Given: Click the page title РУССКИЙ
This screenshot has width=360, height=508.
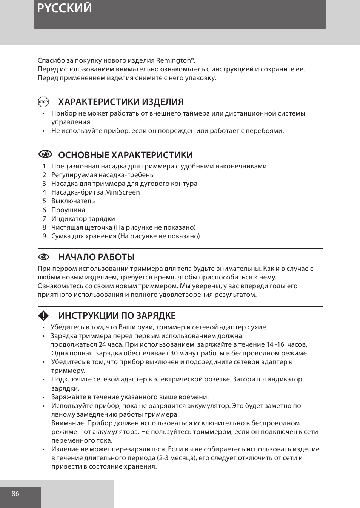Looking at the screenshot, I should click(65, 8).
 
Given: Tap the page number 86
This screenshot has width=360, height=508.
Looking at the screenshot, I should click(15, 494).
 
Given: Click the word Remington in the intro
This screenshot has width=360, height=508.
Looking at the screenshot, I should click(173, 60).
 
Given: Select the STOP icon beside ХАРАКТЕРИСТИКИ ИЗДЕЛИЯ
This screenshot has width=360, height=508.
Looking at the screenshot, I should click(43, 102).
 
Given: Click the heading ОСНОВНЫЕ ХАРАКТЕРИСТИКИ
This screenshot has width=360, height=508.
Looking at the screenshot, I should click(125, 155).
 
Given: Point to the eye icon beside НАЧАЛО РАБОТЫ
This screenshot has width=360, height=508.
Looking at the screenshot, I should click(44, 257).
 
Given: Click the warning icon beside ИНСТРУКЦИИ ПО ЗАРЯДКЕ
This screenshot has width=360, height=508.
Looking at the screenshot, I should click(43, 316).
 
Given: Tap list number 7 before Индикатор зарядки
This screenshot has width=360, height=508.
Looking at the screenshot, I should click(44, 219).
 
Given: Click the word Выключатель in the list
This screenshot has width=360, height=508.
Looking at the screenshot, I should click(73, 201).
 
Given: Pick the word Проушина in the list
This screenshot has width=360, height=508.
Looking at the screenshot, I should click(68, 210).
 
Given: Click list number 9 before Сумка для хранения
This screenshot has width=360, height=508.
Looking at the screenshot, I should click(44, 236).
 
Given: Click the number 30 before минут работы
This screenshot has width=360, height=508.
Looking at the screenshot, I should click(174, 353).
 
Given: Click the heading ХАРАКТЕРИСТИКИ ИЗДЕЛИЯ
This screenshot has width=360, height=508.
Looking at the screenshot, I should click(121, 102).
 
